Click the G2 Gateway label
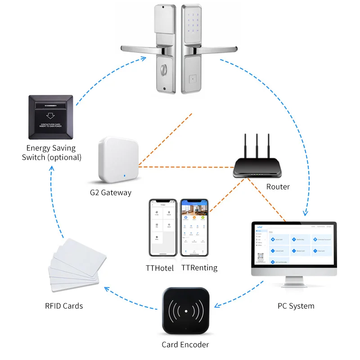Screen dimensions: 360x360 click(x=110, y=193)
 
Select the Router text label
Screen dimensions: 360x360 click(x=277, y=186)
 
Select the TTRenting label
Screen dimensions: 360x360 click(x=199, y=268)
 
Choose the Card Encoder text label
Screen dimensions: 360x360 click(x=185, y=345)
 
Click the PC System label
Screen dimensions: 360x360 click(x=296, y=306)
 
